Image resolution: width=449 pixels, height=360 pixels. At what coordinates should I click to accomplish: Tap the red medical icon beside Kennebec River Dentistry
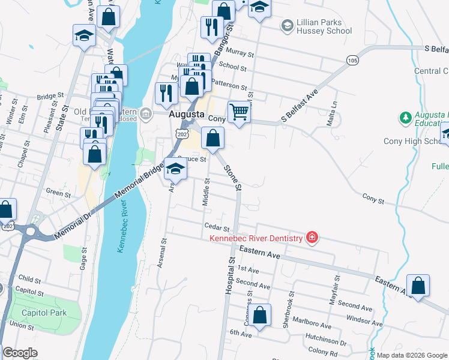tap(312, 238)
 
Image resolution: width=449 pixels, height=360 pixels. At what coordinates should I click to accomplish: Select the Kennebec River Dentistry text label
tap(256, 239)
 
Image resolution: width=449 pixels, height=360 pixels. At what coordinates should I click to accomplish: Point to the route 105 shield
tap(352, 60)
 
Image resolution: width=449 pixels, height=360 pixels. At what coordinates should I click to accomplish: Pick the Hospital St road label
tap(229, 275)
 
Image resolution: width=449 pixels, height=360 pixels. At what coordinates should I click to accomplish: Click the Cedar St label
tap(217, 229)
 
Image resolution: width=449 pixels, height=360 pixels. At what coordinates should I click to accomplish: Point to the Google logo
tap(20, 353)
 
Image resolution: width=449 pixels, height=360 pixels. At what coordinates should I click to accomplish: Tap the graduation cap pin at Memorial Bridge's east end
tap(175, 169)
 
